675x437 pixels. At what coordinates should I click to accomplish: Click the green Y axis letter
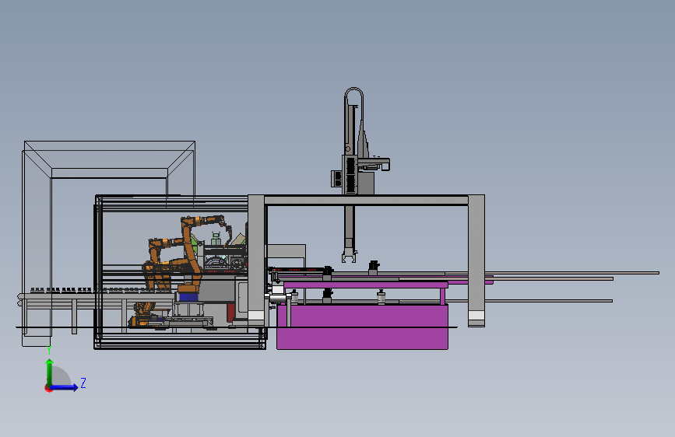(49, 350)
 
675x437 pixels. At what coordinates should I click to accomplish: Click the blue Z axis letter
(83, 383)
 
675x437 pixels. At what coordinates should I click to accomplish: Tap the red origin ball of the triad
(48, 388)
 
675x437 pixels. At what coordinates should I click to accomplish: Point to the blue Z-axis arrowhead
(75, 387)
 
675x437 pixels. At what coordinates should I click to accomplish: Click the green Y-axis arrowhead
(50, 362)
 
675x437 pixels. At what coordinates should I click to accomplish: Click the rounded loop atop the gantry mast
(354, 89)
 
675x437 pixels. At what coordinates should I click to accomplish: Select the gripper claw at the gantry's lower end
(349, 256)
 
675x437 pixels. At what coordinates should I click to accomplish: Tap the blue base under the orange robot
(188, 297)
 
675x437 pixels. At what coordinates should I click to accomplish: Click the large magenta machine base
(362, 327)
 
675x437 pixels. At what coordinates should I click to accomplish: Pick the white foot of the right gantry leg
(476, 316)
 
